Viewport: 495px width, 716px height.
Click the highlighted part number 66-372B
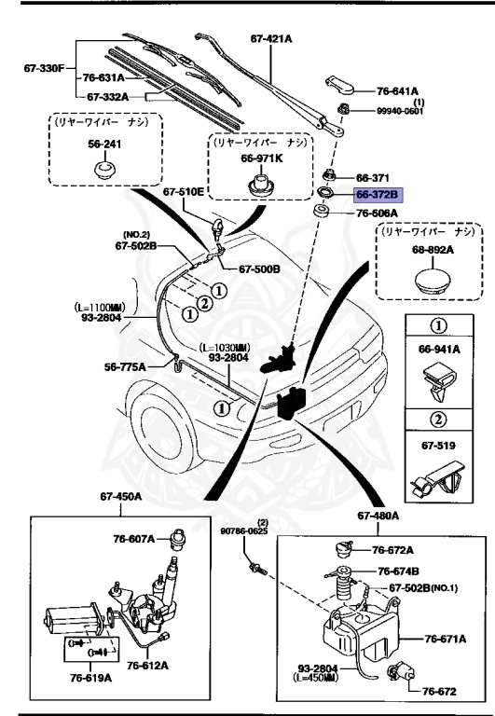point(377,195)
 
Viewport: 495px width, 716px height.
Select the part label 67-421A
point(271,38)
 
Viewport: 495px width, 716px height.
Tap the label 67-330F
point(42,66)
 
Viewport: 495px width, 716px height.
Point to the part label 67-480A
point(377,516)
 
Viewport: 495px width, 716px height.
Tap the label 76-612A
point(148,665)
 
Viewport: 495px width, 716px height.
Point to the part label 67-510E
point(183,192)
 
